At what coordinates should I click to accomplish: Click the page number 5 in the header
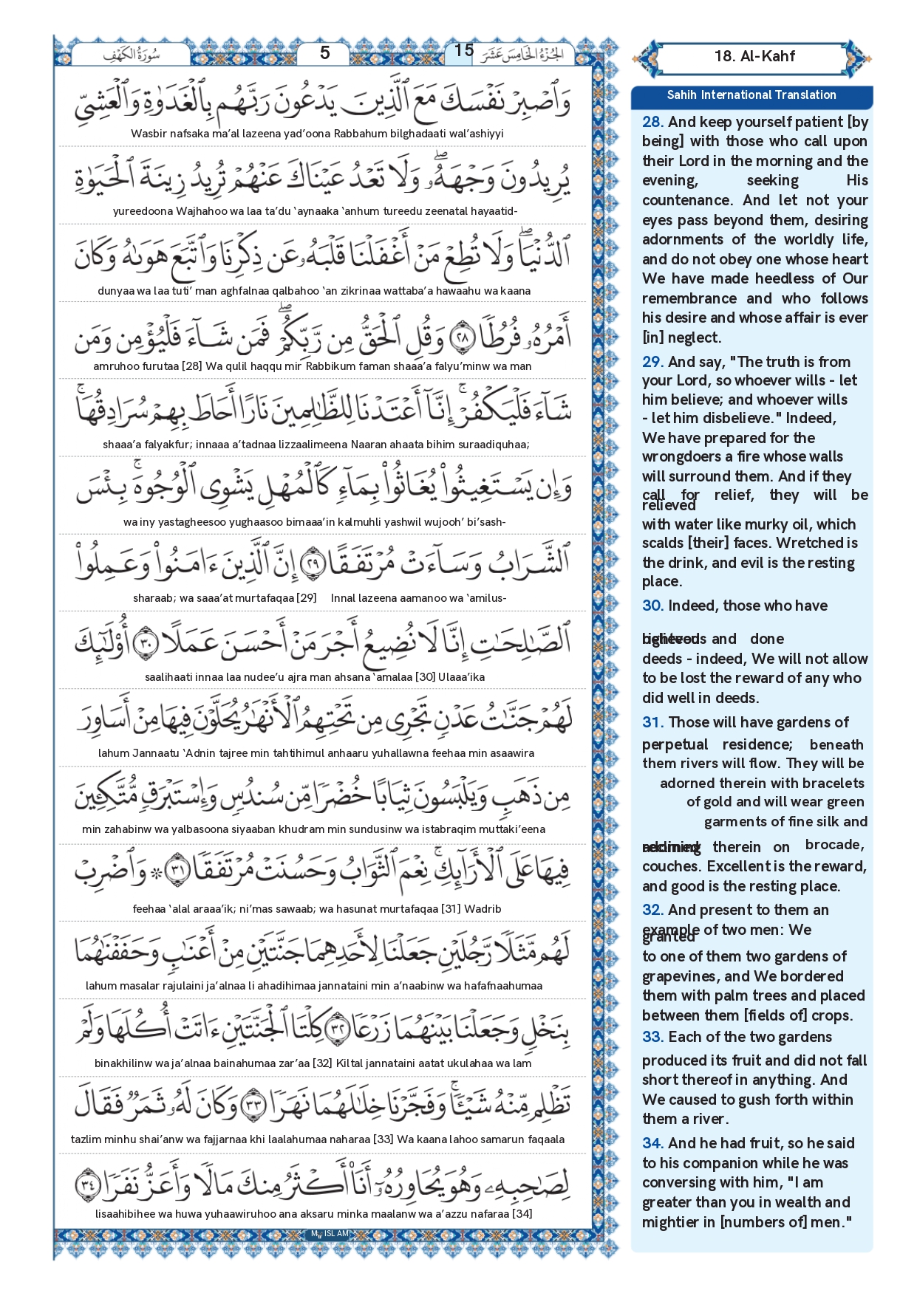[x=324, y=52]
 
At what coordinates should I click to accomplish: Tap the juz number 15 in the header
[x=463, y=50]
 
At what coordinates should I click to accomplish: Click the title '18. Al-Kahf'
[x=754, y=56]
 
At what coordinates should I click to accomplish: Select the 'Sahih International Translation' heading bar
[x=751, y=95]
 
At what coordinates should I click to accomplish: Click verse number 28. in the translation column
[x=652, y=123]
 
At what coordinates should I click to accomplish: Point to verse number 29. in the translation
[x=652, y=362]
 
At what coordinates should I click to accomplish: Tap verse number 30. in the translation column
[x=652, y=606]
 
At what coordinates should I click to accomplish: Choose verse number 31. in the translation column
[x=652, y=722]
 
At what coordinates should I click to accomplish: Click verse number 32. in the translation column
[x=652, y=910]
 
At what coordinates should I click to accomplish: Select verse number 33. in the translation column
[x=652, y=1037]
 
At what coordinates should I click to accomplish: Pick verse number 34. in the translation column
[x=652, y=1143]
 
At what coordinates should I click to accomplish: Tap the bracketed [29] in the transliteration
[x=306, y=598]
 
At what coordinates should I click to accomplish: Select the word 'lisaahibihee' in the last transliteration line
[x=126, y=1213]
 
